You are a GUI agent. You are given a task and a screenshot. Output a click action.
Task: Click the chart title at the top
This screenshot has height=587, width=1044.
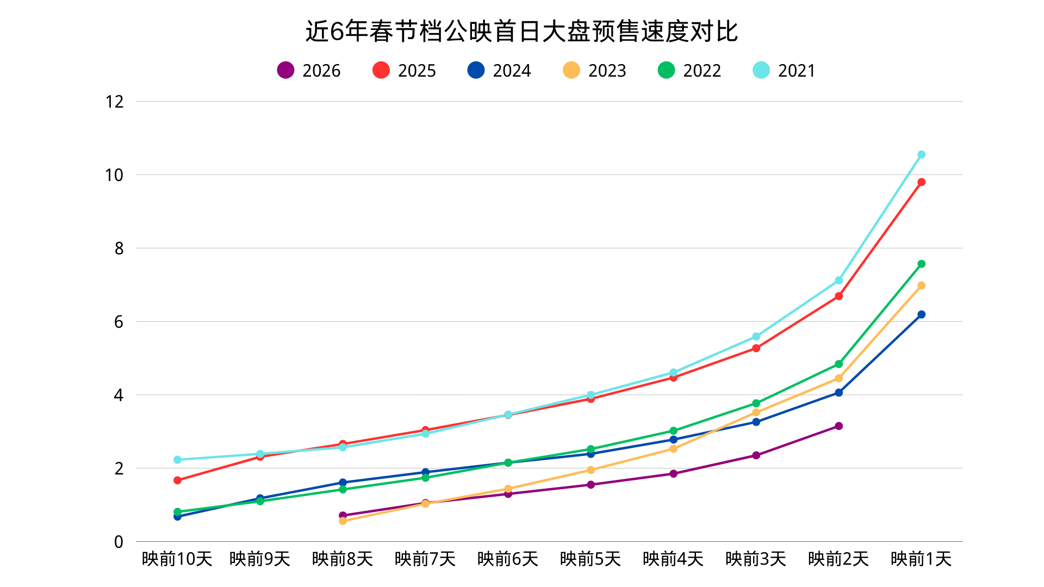[521, 32]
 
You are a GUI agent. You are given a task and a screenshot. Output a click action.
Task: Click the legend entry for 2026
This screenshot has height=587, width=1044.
[309, 71]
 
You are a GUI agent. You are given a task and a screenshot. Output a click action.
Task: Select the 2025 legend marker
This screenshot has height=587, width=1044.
[381, 70]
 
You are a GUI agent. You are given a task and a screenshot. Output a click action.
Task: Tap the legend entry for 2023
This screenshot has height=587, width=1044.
[595, 71]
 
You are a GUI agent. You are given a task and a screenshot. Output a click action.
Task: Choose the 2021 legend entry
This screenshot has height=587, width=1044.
[784, 71]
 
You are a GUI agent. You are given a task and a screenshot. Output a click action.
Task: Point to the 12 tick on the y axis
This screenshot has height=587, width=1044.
[115, 102]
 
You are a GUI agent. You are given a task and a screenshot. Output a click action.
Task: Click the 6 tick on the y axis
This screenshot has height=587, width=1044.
[119, 322]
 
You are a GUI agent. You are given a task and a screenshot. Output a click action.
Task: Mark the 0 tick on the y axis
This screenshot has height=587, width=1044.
[119, 542]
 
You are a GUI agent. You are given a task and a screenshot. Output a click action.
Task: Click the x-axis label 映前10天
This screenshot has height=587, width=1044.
[177, 559]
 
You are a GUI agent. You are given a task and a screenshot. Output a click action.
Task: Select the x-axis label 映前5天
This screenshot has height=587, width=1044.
[591, 559]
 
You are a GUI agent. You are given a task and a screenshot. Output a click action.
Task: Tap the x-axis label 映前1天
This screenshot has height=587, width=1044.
[921, 559]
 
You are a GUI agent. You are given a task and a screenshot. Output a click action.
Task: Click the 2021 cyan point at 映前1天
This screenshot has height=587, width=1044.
[921, 155]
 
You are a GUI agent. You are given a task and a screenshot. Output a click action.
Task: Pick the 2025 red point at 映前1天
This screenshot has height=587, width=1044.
[921, 182]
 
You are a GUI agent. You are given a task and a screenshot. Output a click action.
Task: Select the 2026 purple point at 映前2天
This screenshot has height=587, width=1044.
[838, 426]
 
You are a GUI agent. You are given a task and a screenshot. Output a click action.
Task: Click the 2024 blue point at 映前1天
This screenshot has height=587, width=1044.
[921, 315]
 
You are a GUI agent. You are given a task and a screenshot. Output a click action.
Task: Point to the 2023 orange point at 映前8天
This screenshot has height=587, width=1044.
[343, 521]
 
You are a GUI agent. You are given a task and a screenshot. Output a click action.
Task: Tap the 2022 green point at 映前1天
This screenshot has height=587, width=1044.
[921, 264]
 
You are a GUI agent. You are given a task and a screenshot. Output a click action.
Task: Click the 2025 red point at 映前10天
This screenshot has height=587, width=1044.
[177, 480]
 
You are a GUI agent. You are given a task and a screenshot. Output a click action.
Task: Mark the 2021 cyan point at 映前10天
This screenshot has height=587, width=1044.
[177, 460]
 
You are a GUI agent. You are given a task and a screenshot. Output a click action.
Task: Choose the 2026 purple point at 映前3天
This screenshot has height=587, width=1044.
[756, 455]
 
